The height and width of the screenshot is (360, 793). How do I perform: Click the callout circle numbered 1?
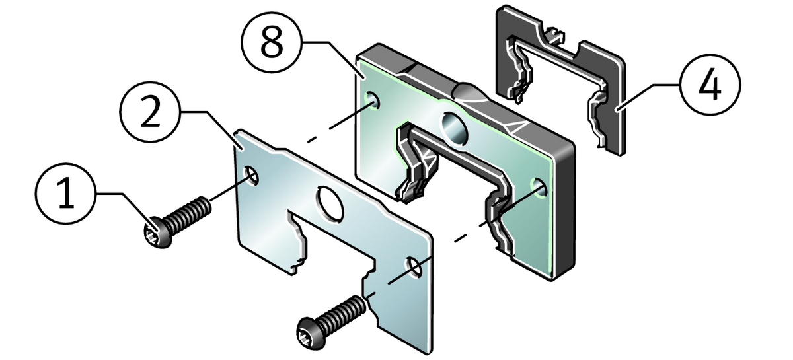66,194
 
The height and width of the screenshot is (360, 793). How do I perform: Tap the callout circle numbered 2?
151,112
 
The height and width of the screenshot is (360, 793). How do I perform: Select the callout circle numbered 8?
272,42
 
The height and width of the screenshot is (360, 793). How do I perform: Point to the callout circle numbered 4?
710,85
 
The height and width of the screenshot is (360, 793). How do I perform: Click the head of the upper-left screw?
158,232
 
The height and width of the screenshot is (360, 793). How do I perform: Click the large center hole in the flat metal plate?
330,203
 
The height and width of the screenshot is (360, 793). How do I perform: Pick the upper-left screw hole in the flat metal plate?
250,175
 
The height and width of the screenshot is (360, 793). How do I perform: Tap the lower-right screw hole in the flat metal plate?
414,268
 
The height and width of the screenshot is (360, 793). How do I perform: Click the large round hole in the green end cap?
455,128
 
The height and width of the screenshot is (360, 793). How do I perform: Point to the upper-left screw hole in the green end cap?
372,100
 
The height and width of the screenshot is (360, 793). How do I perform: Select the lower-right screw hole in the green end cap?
539,188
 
